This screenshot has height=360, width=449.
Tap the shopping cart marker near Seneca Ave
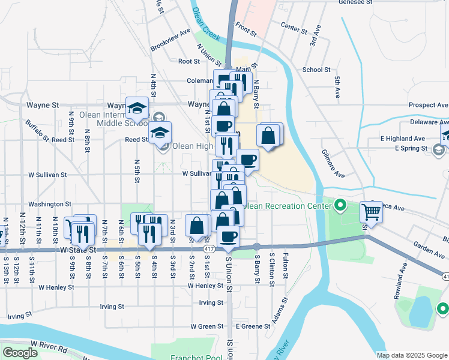click(x=372, y=211)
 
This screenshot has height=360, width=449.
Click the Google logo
click(x=20, y=353)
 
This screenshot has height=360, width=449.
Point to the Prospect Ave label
click(x=429, y=105)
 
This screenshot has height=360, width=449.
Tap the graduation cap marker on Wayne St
click(x=137, y=108)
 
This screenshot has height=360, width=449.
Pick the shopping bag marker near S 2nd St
click(x=197, y=226)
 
